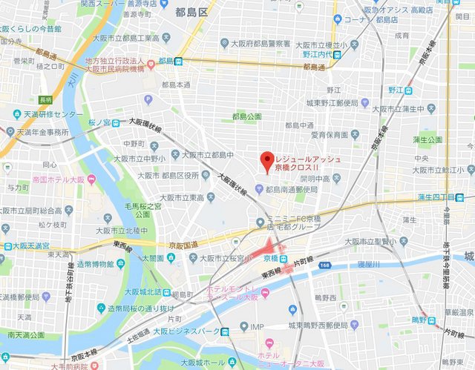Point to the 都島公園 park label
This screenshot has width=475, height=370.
coord(246,116)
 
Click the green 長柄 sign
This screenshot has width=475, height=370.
coord(45,99)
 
